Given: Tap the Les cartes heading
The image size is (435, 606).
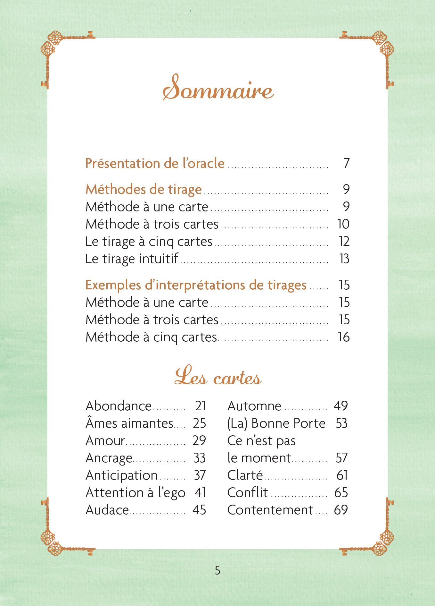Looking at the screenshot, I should click(218, 376).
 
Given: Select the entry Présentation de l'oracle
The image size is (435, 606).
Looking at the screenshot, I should click(155, 163).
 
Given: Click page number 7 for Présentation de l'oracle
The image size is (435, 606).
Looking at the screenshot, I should click(346, 163).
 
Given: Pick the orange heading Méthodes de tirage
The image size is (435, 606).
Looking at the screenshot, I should click(144, 189).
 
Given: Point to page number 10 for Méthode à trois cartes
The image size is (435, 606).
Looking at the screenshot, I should click(343, 224).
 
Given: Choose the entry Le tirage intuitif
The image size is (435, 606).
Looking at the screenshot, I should click(132, 259).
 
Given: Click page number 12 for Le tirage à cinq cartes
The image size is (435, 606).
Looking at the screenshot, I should click(344, 241).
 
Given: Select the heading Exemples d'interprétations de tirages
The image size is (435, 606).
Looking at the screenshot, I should click(196, 285).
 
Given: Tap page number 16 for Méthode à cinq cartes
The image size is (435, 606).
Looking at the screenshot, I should click(344, 337).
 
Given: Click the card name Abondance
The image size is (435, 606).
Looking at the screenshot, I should click(119, 406).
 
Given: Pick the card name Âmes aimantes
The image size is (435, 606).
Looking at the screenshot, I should click(129, 423).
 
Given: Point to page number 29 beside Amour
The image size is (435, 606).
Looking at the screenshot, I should click(199, 440).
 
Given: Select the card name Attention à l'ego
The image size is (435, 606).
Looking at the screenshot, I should click(135, 492).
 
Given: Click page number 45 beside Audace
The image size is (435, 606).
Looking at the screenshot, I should click(199, 510).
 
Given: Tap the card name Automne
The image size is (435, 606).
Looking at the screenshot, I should click(254, 406).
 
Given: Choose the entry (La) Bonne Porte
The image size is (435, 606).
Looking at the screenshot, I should click(276, 423).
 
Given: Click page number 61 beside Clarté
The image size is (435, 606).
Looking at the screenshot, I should click(342, 475).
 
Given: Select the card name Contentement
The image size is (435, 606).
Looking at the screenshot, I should click(270, 510).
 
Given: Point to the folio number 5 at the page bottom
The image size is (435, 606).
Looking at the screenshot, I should click(218, 570).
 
